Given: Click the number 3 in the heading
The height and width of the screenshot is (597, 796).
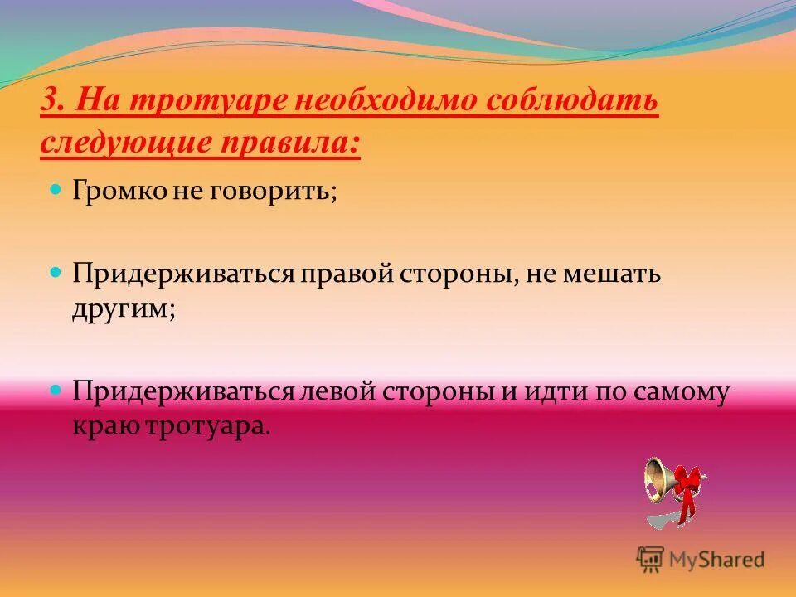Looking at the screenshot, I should (48, 103).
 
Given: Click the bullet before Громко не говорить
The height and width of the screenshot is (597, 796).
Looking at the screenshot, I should (56, 190).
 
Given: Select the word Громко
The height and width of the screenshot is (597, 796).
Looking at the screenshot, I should (118, 192).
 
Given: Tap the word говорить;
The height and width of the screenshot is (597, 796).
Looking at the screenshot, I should (282, 192).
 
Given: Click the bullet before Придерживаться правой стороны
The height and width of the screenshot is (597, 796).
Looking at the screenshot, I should (56, 271).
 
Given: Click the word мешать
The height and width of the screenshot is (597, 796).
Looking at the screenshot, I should (614, 274).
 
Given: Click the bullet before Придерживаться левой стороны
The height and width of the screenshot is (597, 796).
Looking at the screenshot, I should (56, 388).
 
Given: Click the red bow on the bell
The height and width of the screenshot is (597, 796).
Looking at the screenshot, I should (687, 485).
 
